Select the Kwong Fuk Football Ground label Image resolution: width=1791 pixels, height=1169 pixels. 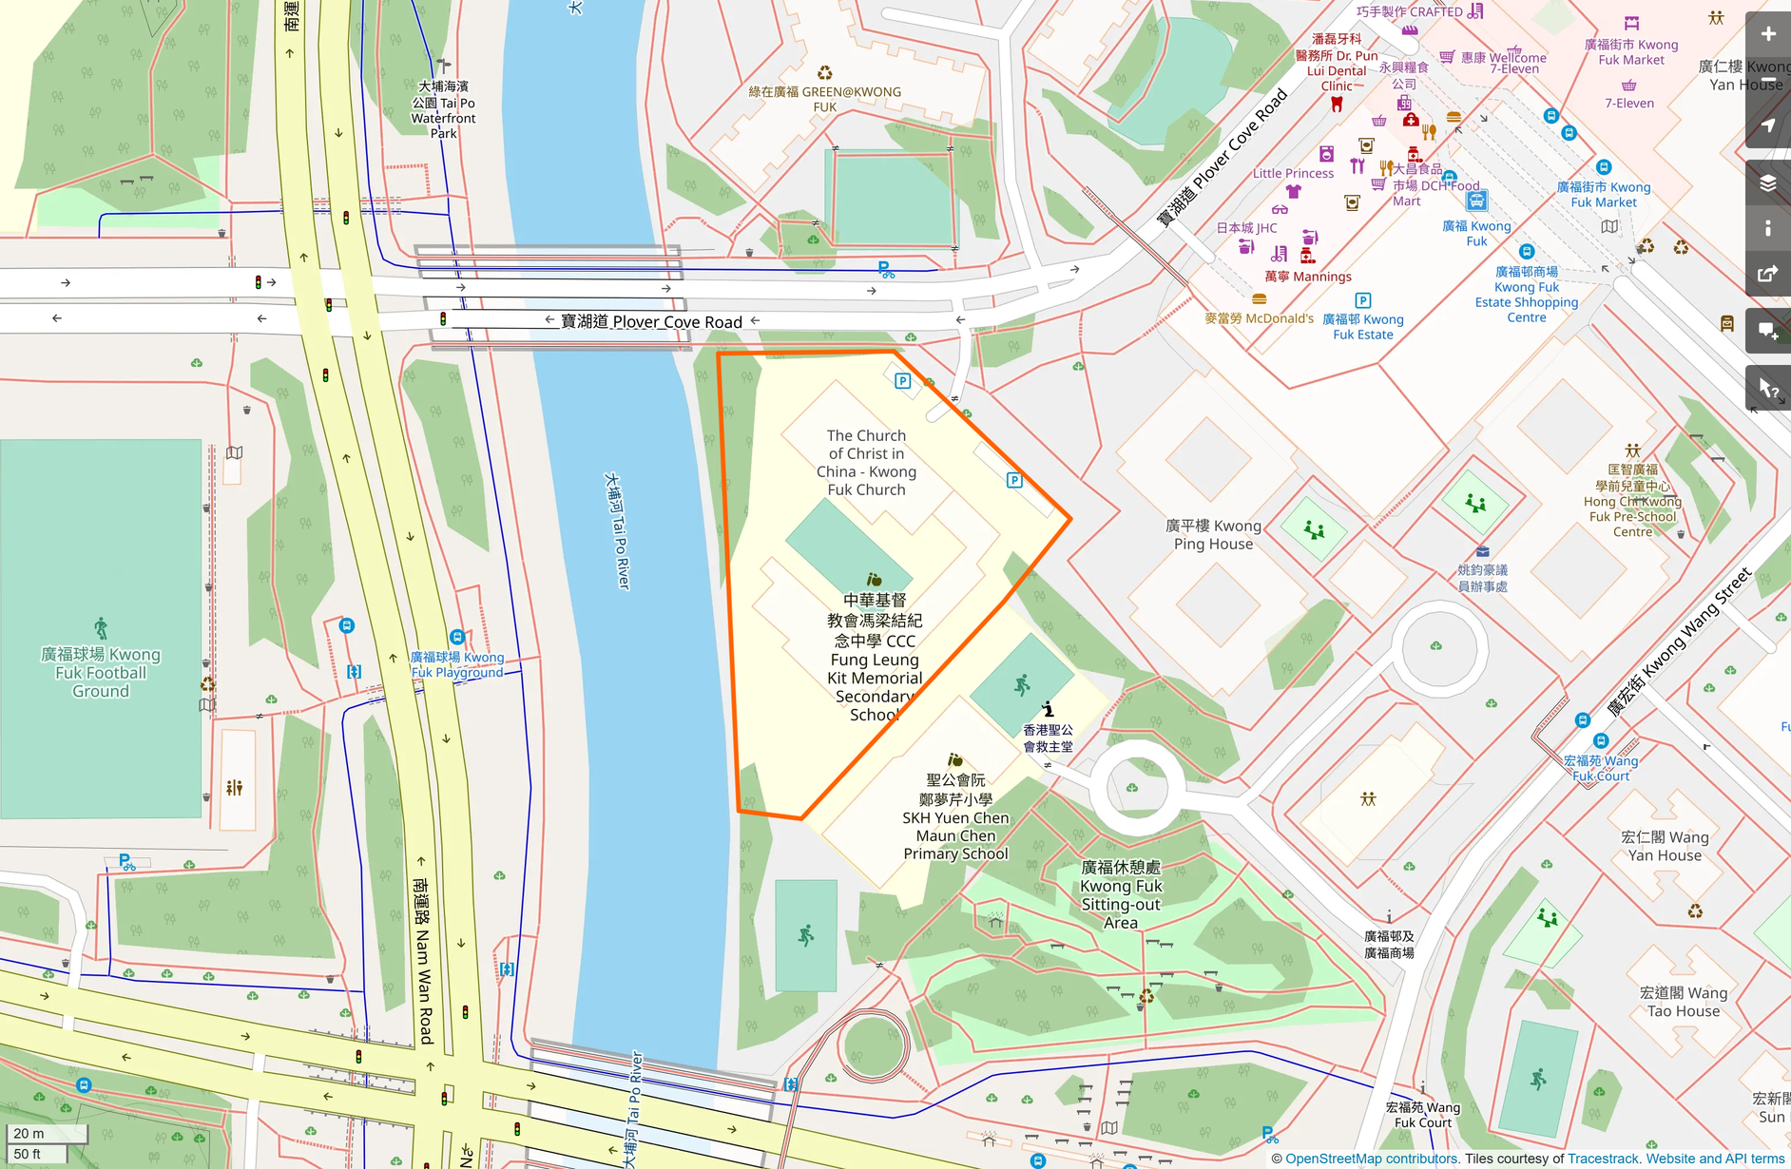101,672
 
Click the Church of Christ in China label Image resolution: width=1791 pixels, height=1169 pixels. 866,462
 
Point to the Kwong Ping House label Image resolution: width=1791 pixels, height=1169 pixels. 1213,534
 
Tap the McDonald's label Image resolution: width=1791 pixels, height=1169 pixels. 1259,318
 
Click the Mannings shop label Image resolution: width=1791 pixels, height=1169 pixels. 1308,276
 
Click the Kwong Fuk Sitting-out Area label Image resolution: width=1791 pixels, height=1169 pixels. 1121,894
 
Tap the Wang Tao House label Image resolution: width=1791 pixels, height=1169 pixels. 1683,1002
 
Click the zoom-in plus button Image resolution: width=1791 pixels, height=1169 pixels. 1768,34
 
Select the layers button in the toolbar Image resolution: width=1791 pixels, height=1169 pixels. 1768,182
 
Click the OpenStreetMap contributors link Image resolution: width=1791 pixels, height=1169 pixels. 1372,1159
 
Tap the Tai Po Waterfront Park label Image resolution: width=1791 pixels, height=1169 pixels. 443,109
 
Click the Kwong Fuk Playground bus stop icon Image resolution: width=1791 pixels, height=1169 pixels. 457,637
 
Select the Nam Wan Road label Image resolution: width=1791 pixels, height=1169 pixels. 424,960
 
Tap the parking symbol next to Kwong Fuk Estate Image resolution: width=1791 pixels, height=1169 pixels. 1362,300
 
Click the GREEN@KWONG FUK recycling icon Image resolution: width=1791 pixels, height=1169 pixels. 825,73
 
